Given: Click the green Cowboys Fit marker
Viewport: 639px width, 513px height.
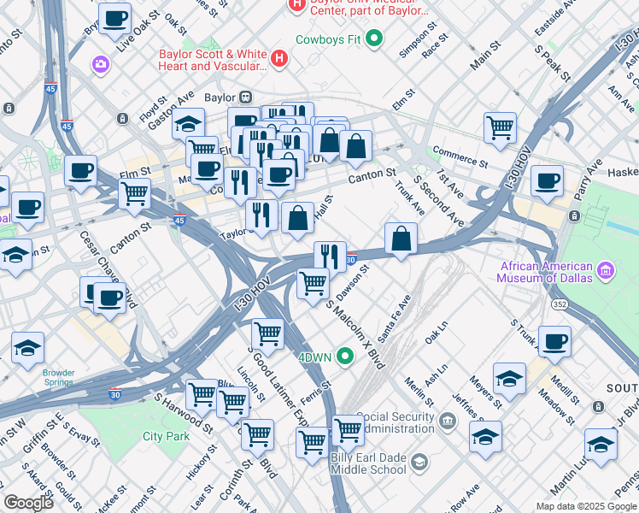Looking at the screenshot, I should point(373,38).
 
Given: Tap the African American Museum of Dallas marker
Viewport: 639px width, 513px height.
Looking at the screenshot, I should point(606,272).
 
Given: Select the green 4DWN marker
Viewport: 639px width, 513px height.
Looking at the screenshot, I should point(345,356).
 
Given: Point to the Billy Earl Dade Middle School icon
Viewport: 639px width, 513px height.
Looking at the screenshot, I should point(419,463).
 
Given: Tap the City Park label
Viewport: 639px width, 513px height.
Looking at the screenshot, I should point(166,436).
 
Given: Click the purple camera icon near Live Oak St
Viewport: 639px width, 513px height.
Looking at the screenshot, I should point(101,63).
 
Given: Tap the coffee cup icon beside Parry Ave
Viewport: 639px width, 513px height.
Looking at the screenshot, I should point(547,181).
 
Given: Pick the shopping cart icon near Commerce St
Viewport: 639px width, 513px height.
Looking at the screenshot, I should point(500,128).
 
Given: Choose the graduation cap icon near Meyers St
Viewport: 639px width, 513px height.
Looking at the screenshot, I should point(509,379).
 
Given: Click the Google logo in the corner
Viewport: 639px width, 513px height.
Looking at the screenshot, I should point(28,503).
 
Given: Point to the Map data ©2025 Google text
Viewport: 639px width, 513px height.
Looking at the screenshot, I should point(584,505).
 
